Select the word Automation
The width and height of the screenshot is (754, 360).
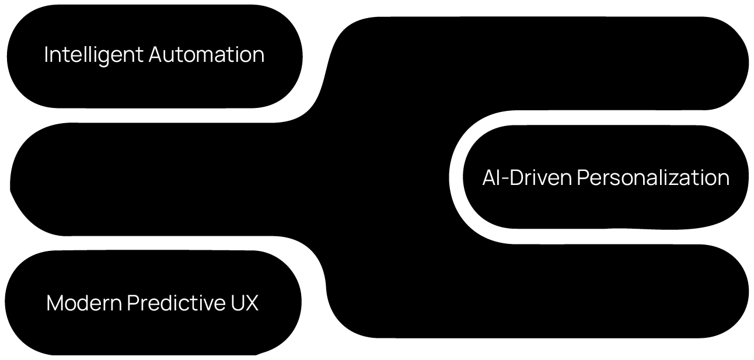coord(207,55)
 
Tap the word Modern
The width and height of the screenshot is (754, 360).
coord(84,303)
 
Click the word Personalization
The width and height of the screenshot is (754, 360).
coord(653,177)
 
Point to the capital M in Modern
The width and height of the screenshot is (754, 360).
coord(54,303)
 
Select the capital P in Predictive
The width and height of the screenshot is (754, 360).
coord(132,303)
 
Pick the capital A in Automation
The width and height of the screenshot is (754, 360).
coord(156,55)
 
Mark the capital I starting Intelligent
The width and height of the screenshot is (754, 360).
coord(46,55)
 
